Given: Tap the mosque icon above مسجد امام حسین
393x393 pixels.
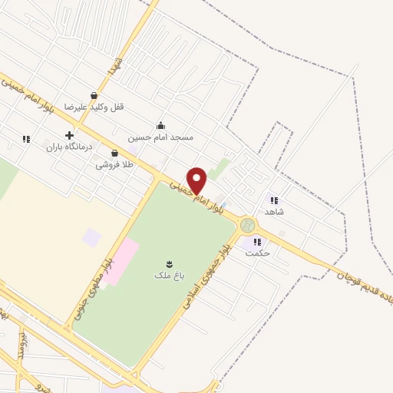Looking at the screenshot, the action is point(160,126).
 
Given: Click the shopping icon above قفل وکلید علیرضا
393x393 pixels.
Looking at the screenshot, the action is point(94,96).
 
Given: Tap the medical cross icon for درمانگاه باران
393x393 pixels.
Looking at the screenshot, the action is point(70,135).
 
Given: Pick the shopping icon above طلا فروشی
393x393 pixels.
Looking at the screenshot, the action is point(114,154).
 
